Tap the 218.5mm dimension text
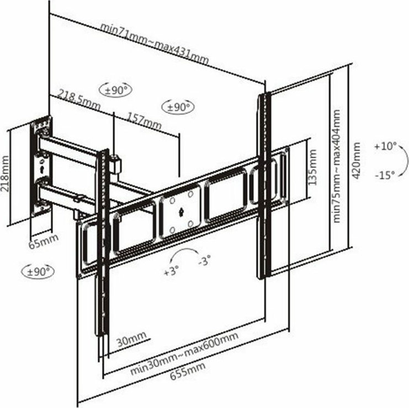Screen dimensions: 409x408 (x=79, y=99)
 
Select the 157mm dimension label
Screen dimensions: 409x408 (x=144, y=121)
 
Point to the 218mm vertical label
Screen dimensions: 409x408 (x=5, y=173)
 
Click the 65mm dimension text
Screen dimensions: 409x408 (x=43, y=241)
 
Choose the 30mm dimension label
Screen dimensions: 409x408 (x=131, y=339)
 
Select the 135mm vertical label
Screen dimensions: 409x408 (x=312, y=167)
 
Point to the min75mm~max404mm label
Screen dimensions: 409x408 (x=337, y=166)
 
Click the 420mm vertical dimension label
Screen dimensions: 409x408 (x=356, y=161)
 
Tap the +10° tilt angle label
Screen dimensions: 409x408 (x=385, y=146)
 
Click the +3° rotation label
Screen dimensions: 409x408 (x=171, y=271)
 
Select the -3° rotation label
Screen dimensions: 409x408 (x=204, y=260)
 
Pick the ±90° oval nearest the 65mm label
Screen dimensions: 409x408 (x=38, y=272)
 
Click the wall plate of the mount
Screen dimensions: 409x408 (x=41, y=167)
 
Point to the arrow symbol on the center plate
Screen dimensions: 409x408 (x=181, y=212)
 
